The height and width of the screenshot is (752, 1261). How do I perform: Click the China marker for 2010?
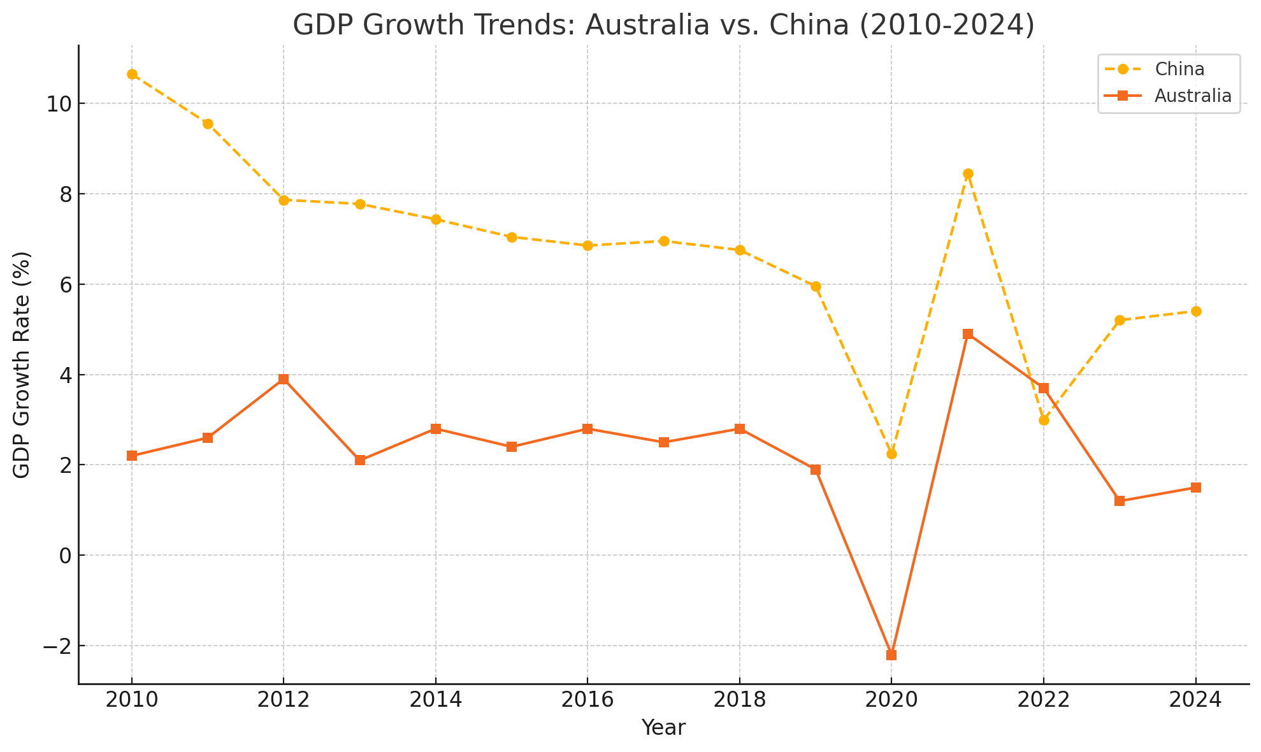(132, 75)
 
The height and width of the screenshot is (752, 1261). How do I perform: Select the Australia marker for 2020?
(891, 655)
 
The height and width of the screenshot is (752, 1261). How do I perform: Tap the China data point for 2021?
(968, 174)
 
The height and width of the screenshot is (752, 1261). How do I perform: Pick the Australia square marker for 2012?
(284, 379)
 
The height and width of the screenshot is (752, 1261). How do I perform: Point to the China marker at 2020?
(891, 454)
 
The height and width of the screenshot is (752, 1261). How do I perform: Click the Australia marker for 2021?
(968, 334)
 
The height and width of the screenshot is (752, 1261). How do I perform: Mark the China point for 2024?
(1196, 312)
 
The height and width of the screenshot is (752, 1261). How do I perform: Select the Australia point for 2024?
(1196, 488)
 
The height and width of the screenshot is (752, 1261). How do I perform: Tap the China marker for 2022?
(1044, 421)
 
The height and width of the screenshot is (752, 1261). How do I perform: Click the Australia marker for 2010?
(132, 456)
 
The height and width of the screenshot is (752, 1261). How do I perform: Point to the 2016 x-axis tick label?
(587, 700)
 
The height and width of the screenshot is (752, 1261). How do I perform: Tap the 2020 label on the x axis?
(891, 700)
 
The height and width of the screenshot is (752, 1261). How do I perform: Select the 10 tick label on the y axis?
(58, 104)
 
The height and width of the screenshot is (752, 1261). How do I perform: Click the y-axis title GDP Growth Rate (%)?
(22, 365)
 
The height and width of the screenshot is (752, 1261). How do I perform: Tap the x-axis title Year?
(663, 728)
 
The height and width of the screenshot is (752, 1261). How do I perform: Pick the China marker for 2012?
(284, 200)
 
